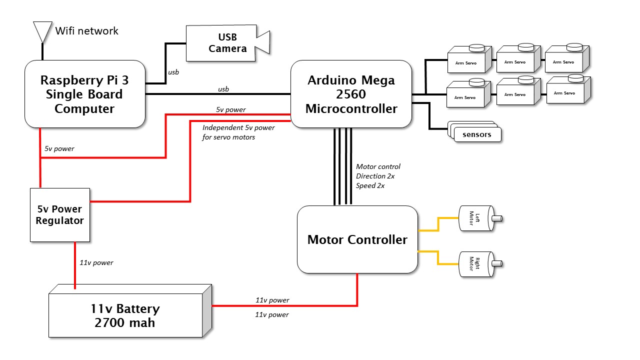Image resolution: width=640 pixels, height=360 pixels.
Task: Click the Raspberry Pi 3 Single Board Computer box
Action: click(84, 94)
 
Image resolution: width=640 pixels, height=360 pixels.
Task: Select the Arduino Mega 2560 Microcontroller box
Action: click(351, 94)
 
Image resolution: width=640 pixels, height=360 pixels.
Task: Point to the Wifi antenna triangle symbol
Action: click(42, 31)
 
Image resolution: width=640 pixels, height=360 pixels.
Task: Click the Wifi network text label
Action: click(87, 31)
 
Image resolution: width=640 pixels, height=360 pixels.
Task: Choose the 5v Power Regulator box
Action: click(60, 215)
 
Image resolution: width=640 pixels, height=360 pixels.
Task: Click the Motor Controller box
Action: click(357, 240)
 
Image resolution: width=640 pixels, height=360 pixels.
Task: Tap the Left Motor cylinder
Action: click(475, 218)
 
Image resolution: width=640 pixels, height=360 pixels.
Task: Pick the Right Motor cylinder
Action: click(475, 263)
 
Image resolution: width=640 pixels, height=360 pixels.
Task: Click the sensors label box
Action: click(477, 134)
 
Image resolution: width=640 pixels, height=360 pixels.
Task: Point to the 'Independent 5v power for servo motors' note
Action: click(238, 132)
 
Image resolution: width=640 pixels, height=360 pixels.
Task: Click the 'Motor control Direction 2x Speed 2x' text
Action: click(378, 176)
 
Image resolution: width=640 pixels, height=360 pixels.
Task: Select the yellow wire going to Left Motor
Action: click(438, 223)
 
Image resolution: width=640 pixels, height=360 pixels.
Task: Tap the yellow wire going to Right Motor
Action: click(438, 257)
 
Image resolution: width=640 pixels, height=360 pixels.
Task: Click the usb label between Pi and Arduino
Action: click(223, 89)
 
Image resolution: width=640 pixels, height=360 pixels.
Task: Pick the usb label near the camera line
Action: click(173, 72)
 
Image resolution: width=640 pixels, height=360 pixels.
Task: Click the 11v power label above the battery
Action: click(96, 262)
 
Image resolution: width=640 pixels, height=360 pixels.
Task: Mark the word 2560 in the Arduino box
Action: click(351, 94)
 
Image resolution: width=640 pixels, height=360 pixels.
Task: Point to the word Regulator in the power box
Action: click(60, 220)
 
